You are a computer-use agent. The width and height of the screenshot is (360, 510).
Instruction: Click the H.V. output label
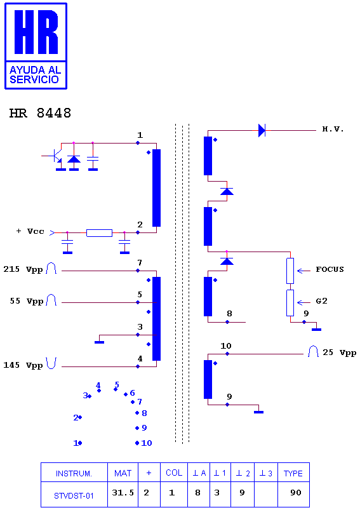click(333, 129)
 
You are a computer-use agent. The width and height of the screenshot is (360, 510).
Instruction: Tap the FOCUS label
click(330, 269)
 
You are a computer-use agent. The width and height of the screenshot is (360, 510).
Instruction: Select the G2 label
click(322, 301)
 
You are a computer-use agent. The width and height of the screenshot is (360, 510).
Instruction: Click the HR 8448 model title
click(41, 113)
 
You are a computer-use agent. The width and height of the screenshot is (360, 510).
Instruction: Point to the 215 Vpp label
click(23, 269)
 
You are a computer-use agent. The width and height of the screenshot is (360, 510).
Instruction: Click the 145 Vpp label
click(23, 365)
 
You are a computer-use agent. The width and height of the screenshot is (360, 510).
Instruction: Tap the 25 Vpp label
click(340, 353)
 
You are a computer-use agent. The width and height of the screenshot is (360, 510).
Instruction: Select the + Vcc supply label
click(30, 231)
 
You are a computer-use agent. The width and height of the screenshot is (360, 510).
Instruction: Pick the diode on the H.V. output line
click(262, 130)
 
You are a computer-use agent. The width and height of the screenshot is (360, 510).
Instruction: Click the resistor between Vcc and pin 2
click(99, 233)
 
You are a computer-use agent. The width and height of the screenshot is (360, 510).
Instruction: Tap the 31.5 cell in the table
click(123, 493)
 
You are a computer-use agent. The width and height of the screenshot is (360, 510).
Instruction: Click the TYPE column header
click(293, 473)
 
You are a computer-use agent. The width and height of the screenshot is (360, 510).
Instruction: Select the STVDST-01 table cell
click(74, 496)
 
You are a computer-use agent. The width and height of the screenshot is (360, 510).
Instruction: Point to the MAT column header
click(123, 473)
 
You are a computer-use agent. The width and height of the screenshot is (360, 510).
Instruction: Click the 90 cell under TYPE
click(296, 493)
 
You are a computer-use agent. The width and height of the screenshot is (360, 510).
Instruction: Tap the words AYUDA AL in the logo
click(35, 70)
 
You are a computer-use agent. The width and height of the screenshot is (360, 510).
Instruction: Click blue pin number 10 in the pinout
click(146, 443)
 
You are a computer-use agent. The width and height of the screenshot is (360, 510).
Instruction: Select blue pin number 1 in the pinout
click(76, 443)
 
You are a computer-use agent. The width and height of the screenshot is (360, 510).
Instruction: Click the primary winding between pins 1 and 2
click(156, 188)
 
